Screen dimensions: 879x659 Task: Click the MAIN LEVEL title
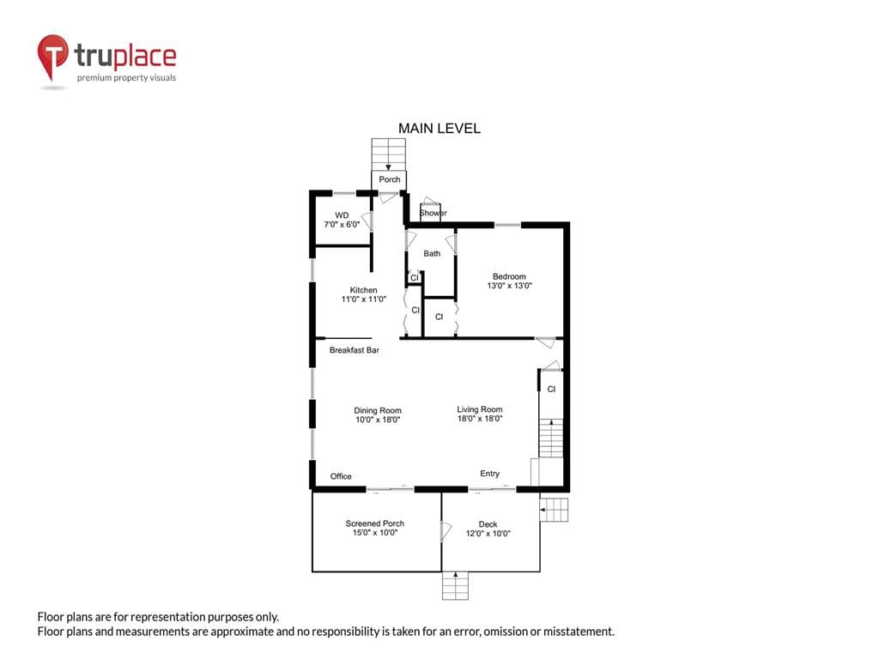coord(439,129)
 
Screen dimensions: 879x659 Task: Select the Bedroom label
coord(509,276)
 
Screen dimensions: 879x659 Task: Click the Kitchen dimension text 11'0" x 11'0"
coord(364,299)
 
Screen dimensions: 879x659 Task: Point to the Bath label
coord(432,253)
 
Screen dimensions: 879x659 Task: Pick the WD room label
coord(342,215)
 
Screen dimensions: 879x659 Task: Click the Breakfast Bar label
coord(355,350)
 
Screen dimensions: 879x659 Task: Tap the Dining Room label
coord(378,410)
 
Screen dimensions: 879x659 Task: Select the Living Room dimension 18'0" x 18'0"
coord(480,419)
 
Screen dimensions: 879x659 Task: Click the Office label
coord(341,476)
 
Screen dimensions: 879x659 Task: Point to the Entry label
coord(489,474)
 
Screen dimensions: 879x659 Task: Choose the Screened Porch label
coord(375,523)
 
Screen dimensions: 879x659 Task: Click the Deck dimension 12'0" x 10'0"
coord(488,534)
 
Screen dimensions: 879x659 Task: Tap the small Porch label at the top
coord(390,179)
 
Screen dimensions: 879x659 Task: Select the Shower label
coord(433,213)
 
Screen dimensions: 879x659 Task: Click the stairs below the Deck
coord(455,585)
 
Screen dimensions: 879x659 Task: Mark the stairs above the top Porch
coord(389,154)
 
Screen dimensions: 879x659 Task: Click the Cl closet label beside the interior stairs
coord(552,389)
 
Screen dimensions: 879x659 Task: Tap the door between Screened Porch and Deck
coord(446,531)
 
